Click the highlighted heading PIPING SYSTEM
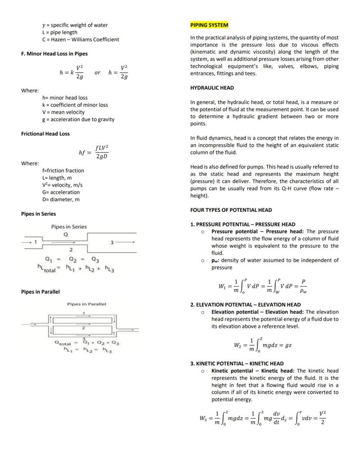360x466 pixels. click(x=209, y=25)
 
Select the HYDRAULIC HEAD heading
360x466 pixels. click(x=212, y=88)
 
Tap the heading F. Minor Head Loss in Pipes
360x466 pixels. click(x=54, y=54)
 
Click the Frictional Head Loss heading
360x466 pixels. click(x=45, y=134)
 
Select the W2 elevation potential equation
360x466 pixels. click(x=263, y=345)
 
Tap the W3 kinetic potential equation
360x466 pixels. click(x=263, y=418)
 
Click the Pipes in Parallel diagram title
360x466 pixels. click(x=87, y=304)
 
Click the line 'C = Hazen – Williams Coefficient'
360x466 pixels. click(x=80, y=40)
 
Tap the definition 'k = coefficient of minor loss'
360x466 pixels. click(x=75, y=105)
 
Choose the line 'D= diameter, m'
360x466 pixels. click(x=60, y=199)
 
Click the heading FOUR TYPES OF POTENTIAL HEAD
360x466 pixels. click(x=231, y=210)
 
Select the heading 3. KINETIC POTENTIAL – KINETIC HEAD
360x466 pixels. click(x=237, y=363)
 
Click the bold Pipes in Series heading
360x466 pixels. click(x=38, y=214)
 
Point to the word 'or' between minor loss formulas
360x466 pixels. click(x=97, y=73)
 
